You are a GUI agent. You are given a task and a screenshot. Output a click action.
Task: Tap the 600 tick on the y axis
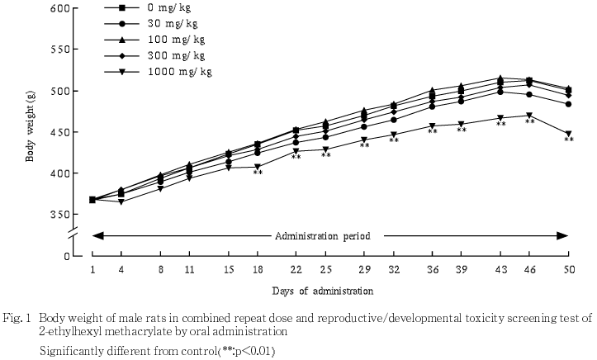point(59,8)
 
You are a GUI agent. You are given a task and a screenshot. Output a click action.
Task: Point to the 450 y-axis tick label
point(59,132)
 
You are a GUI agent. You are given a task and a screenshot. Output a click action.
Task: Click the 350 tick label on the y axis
point(59,214)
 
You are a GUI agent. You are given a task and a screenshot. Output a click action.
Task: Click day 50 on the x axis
point(568,270)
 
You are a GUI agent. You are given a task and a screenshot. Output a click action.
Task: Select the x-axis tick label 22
point(296,270)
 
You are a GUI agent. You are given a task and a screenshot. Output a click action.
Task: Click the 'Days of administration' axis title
point(323,291)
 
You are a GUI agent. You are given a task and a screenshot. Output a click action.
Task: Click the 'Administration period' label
point(323,235)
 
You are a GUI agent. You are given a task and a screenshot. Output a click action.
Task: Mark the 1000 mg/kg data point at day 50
point(568,134)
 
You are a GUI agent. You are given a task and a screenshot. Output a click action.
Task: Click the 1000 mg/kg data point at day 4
point(122,201)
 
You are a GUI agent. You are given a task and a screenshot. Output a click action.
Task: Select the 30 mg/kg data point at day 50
point(568,104)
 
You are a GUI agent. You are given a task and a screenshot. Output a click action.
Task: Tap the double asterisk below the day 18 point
point(258,173)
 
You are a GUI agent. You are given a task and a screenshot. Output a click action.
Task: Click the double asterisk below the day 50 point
point(568,140)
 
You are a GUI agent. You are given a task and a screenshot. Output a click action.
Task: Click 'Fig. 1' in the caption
point(19,317)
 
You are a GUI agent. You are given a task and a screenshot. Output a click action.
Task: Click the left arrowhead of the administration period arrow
point(95,236)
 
